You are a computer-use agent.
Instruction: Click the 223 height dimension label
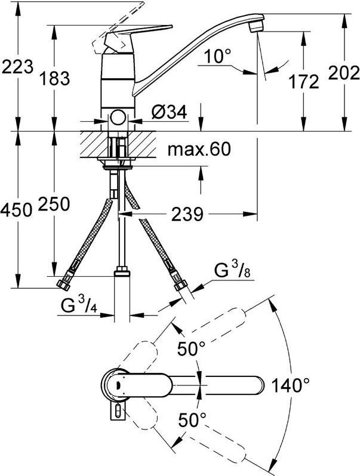tap(17, 67)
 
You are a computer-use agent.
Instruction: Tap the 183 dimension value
tap(55, 78)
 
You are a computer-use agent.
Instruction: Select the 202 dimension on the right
tap(344, 73)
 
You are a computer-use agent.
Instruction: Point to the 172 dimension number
tap(304, 82)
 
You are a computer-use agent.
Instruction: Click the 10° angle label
tap(217, 56)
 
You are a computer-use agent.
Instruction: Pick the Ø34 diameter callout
tap(169, 113)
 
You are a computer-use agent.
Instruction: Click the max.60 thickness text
tap(199, 149)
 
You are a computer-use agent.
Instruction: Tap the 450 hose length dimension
tap(16, 210)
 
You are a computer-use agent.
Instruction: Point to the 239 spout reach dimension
tap(187, 215)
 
